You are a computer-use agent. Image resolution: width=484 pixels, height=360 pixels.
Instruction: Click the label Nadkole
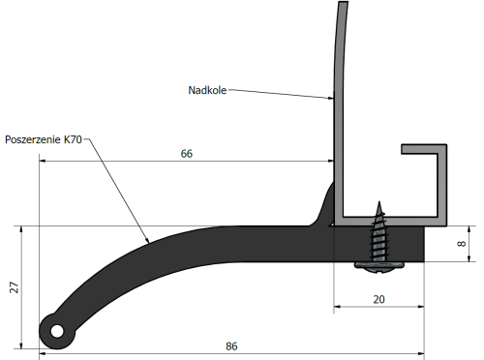(x=206, y=90)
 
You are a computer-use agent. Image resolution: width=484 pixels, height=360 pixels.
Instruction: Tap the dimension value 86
(x=231, y=345)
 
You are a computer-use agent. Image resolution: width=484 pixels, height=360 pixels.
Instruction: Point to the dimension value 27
(x=13, y=286)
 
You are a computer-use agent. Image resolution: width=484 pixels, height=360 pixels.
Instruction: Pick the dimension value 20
(x=378, y=299)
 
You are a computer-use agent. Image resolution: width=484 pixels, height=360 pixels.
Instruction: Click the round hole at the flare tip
(x=57, y=332)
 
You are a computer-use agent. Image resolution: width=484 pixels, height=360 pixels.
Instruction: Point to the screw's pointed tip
(x=379, y=203)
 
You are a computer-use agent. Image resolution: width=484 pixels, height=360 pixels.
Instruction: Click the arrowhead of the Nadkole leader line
(x=331, y=99)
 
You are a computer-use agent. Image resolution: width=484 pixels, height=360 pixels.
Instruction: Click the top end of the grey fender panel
(x=341, y=5)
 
